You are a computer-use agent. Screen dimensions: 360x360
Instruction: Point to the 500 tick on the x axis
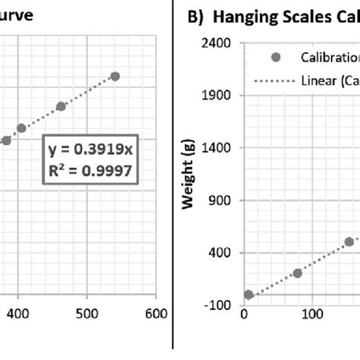tap(87, 312)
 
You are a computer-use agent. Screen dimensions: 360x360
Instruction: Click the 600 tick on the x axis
tap(156, 312)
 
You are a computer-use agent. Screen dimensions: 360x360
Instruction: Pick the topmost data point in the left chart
tap(115, 76)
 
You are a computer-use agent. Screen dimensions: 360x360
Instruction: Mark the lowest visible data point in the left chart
tap(6, 140)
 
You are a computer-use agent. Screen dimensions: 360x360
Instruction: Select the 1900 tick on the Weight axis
tap(219, 96)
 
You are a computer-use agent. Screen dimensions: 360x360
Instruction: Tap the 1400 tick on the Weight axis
tap(219, 148)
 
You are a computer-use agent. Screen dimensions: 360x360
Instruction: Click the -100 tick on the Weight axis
tap(219, 305)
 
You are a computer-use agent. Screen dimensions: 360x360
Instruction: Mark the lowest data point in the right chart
tap(248, 295)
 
